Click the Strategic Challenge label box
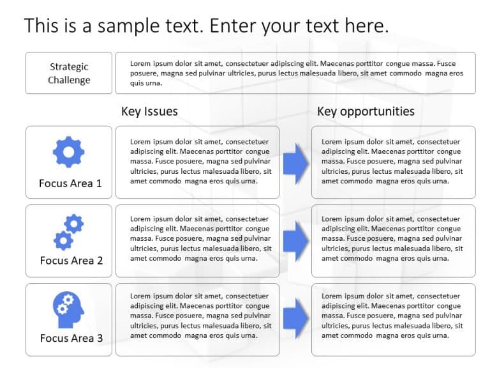pyautogui.click(x=69, y=73)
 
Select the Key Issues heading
pyautogui.click(x=149, y=111)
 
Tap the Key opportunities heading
pyautogui.click(x=366, y=111)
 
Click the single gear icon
pyautogui.click(x=68, y=152)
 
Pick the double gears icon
pyautogui.click(x=68, y=232)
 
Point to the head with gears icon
pyautogui.click(x=67, y=308)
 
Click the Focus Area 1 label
pyautogui.click(x=70, y=183)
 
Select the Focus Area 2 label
pyautogui.click(x=71, y=261)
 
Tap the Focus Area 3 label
pyautogui.click(x=71, y=338)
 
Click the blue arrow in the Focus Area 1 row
pyautogui.click(x=295, y=163)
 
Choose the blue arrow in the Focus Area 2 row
pyautogui.click(x=295, y=240)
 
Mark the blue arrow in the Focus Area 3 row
pyautogui.click(x=295, y=318)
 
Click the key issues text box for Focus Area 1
pyautogui.click(x=197, y=162)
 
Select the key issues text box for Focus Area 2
pyautogui.click(x=197, y=240)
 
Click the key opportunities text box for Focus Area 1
pyautogui.click(x=393, y=162)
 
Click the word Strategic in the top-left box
pyautogui.click(x=69, y=66)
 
